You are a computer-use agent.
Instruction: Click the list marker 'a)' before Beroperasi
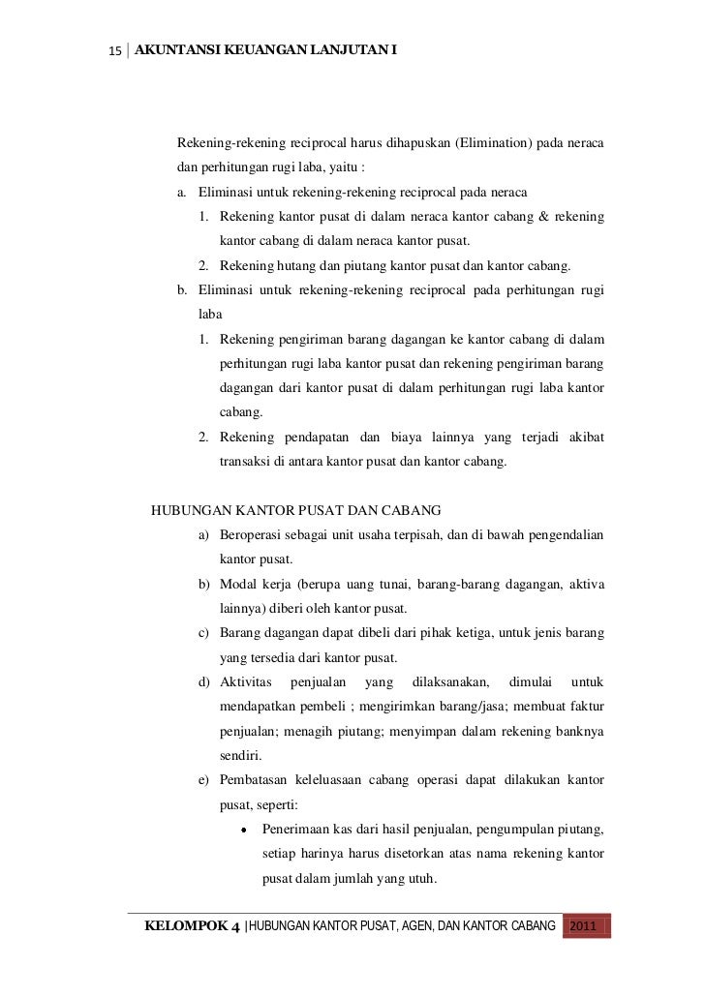(205, 534)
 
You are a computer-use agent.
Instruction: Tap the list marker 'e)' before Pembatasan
(205, 780)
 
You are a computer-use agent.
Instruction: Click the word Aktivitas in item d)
(248, 681)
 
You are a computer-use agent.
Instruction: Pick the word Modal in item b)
(238, 584)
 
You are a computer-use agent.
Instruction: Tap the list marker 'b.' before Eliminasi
(182, 289)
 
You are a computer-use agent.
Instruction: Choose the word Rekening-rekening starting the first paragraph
(230, 144)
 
